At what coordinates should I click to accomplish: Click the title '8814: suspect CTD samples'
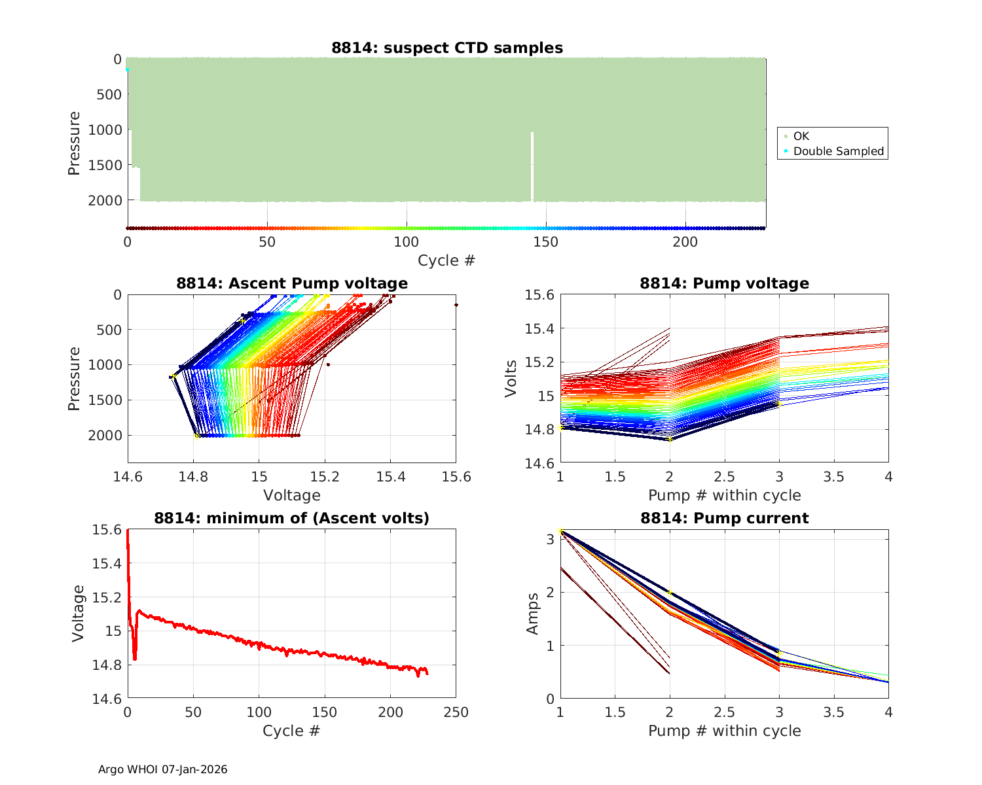[447, 48]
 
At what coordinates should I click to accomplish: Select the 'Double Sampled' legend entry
[838, 151]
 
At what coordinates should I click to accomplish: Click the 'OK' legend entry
[801, 136]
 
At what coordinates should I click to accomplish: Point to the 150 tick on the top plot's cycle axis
[545, 242]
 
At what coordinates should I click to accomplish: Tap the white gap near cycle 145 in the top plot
[532, 167]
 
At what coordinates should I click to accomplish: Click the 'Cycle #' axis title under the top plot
[446, 260]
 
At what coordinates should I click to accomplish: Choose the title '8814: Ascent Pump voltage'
[292, 283]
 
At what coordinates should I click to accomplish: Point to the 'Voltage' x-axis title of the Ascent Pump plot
[292, 495]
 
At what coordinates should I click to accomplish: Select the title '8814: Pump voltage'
[724, 283]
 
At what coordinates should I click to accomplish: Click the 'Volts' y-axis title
[511, 379]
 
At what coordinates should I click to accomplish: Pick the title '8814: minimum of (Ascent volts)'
[292, 518]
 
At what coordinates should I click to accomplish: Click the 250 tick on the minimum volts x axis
[456, 712]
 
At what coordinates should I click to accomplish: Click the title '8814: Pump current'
[724, 518]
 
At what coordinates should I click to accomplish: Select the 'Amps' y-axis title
[533, 613]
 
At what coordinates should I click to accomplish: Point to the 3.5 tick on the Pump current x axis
[833, 712]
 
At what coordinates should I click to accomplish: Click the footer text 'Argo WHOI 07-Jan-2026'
[163, 769]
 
